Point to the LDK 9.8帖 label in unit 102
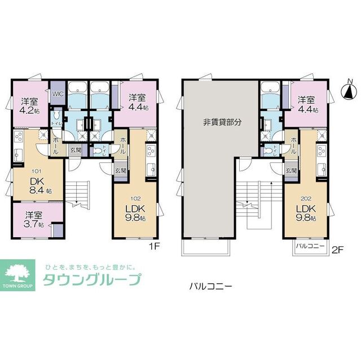[x=135, y=212]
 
